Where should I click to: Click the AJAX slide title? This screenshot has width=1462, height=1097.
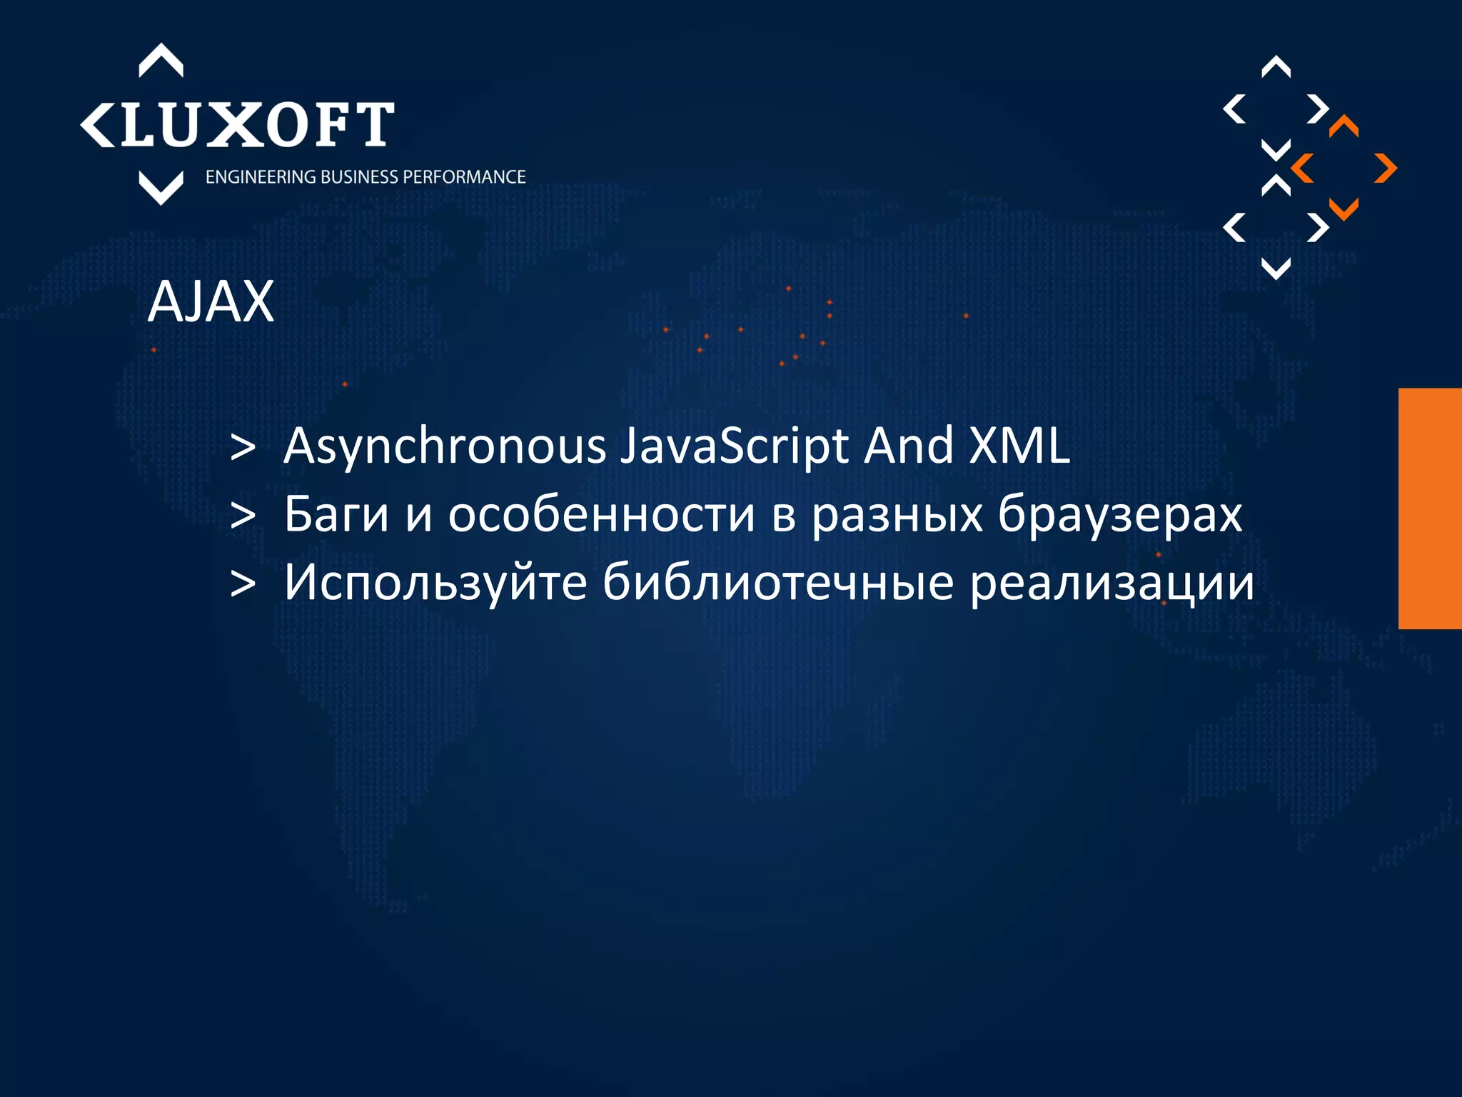(x=211, y=302)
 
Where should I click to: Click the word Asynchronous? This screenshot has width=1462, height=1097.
(x=445, y=446)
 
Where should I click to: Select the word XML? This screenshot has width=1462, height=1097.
(x=1019, y=446)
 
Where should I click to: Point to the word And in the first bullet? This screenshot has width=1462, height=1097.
(x=909, y=446)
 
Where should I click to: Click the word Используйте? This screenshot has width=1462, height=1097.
(x=435, y=582)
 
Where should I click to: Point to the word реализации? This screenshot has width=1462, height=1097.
(x=1111, y=582)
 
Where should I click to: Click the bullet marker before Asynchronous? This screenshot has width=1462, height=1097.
(x=243, y=448)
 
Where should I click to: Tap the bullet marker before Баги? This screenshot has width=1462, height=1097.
(x=243, y=516)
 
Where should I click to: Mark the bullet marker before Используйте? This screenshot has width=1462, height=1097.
(x=243, y=584)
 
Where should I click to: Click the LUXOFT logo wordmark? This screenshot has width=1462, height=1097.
(x=238, y=124)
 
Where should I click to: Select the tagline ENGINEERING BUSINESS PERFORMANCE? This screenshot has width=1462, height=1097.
(x=365, y=177)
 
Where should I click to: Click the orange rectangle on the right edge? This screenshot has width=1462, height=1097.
(x=1430, y=508)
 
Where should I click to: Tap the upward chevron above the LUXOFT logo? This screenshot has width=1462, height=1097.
(x=161, y=60)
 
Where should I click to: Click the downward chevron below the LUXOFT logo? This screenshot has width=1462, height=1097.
(x=161, y=188)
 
